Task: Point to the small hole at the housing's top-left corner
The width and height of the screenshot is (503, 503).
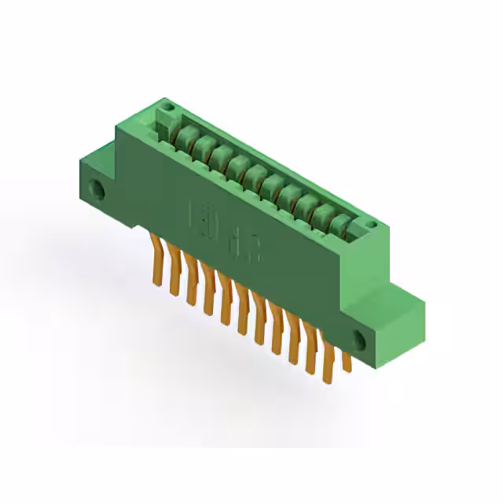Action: pyautogui.click(x=165, y=105)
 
